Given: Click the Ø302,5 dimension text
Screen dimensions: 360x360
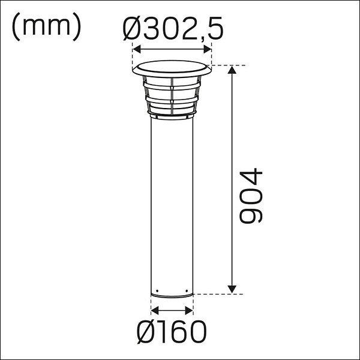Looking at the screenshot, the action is point(173,28).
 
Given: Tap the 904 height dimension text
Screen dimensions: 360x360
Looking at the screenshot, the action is point(251,196).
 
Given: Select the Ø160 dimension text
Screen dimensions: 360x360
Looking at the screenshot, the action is point(172,332).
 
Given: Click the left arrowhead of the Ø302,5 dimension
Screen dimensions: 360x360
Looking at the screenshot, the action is point(137,49).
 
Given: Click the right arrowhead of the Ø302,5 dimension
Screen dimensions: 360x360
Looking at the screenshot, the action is point(208,49).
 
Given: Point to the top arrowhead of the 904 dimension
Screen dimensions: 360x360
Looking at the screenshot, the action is point(232,70).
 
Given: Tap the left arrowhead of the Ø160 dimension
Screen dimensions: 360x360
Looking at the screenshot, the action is point(155,311).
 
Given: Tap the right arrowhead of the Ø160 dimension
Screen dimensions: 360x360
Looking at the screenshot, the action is point(189,311).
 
